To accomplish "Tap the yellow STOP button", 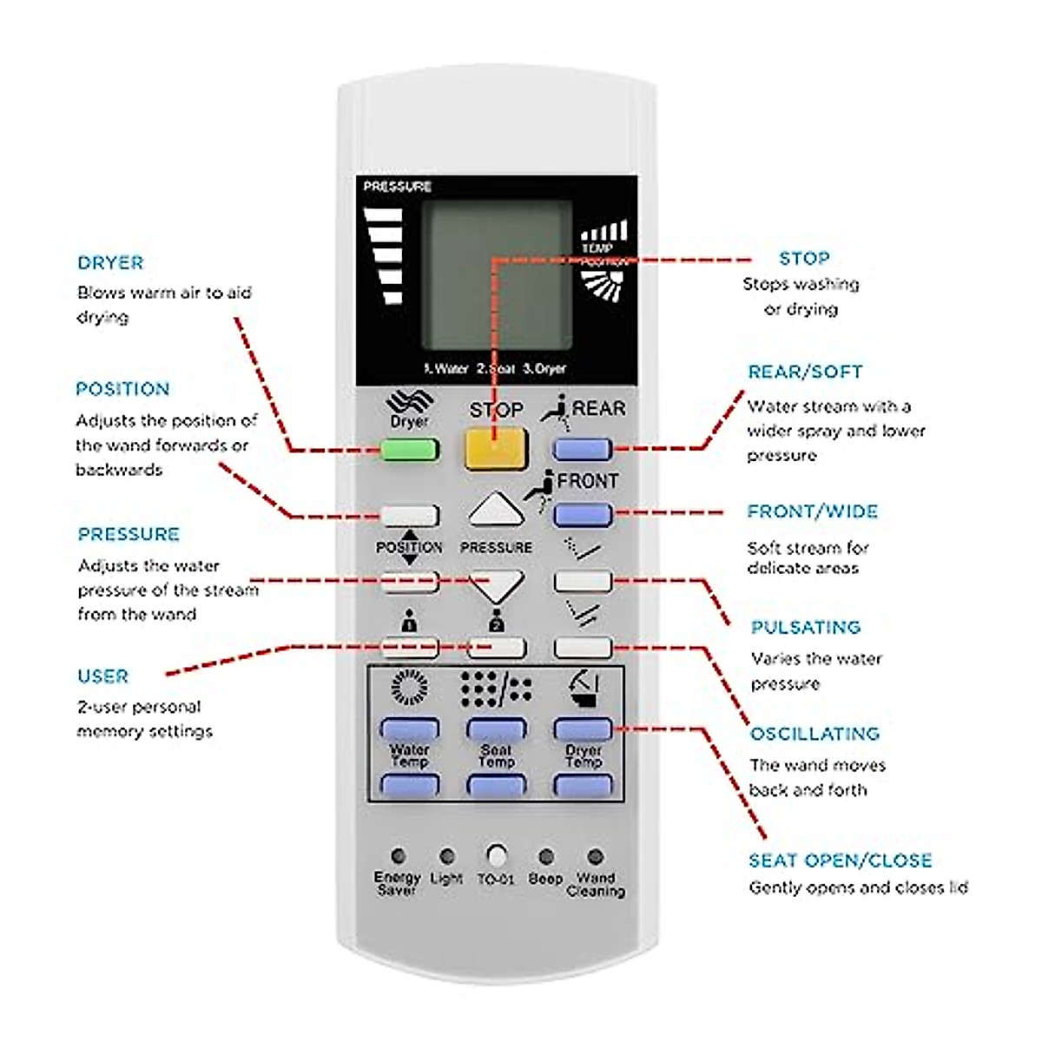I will click(x=496, y=448).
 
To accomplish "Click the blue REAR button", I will click(x=583, y=449).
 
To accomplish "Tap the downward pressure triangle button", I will click(x=496, y=585).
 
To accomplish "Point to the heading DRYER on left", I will click(x=110, y=262).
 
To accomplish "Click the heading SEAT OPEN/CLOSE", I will click(x=840, y=861).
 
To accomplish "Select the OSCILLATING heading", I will click(x=814, y=734).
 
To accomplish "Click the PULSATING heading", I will click(x=805, y=627).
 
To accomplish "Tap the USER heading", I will click(x=102, y=676).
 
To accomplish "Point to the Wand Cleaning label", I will click(x=596, y=884).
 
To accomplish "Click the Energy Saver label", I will click(x=397, y=883).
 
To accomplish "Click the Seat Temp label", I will click(x=496, y=755).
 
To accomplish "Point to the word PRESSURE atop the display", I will click(x=397, y=186).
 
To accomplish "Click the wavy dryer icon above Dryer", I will click(x=409, y=402).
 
